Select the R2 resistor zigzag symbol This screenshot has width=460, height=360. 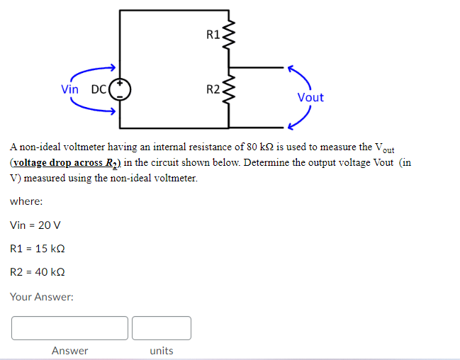tap(228, 89)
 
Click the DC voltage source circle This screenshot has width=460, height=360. tap(120, 89)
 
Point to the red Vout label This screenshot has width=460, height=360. tap(310, 97)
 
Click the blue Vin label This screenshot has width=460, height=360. tap(70, 89)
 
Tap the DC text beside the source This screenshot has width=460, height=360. tap(99, 90)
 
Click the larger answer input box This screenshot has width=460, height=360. tap(69, 328)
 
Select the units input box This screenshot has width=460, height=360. tap(161, 328)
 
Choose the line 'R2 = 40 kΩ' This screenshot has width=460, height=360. tap(39, 271)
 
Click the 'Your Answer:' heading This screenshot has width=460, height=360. tap(42, 297)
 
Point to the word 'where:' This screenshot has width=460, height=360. tap(26, 201)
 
